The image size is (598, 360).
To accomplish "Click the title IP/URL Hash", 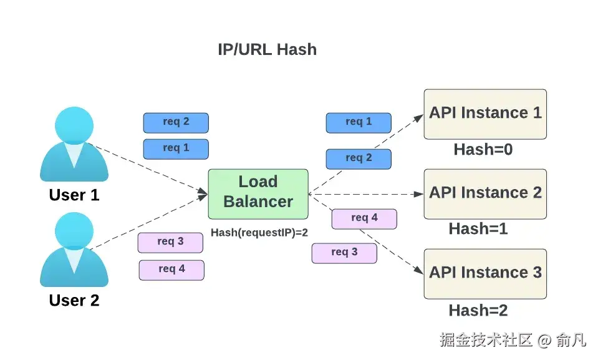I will coord(267,49).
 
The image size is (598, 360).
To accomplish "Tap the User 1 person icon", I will coord(74,145).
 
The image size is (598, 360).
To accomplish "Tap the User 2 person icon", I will coord(74,250).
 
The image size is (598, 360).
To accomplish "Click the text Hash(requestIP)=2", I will coord(259,233).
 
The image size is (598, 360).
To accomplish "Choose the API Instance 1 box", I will coord(485,114).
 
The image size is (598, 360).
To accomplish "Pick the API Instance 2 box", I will coord(485,193).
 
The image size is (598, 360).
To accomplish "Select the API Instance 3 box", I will coord(485,273).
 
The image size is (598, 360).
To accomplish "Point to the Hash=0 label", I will coord(483,150).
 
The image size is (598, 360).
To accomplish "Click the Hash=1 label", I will coord(478,229).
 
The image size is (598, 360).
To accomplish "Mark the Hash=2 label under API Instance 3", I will coord(478,310).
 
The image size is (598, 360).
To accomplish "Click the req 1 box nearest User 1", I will coord(176,148).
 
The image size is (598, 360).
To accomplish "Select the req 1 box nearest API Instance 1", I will coord(359,122).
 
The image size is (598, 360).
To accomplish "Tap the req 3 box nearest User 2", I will coord(170,242).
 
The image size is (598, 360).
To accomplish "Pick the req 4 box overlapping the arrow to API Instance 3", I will coord(364,218).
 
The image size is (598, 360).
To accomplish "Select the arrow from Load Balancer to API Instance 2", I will coord(368,194).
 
